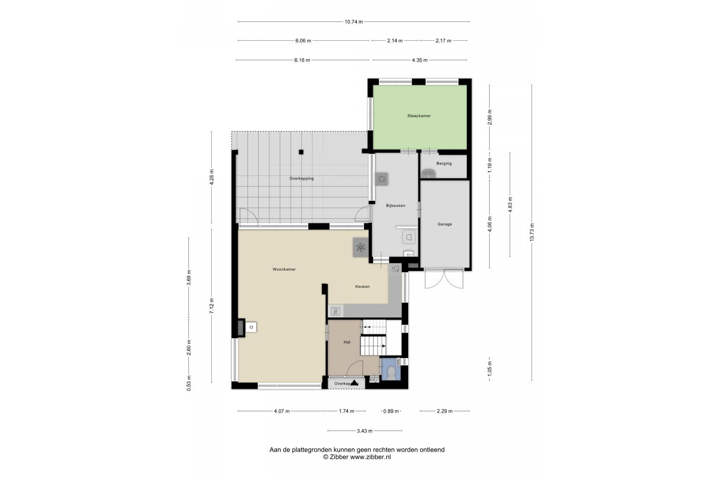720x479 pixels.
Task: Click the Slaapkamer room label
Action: [x=419, y=116]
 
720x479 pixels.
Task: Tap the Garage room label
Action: [x=444, y=224]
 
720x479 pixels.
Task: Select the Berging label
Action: [x=444, y=163]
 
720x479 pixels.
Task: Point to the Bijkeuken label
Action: [x=395, y=206]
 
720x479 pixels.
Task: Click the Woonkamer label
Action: [x=284, y=269]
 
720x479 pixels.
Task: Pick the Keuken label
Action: [x=363, y=286]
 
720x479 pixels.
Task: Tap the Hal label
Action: [x=347, y=342]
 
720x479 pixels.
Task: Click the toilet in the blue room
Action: [x=391, y=373]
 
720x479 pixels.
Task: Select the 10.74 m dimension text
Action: [x=354, y=22]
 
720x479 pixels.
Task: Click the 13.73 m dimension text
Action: [x=532, y=232]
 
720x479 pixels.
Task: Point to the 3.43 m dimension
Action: [x=365, y=431]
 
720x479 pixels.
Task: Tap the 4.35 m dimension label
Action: [x=420, y=60]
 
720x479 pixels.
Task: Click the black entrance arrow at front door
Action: [x=354, y=382]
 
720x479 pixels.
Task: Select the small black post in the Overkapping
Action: [x=301, y=152]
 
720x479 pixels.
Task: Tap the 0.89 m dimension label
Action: [x=391, y=411]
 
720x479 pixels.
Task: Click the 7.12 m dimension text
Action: [x=212, y=306]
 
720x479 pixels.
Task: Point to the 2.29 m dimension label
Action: [x=444, y=411]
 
